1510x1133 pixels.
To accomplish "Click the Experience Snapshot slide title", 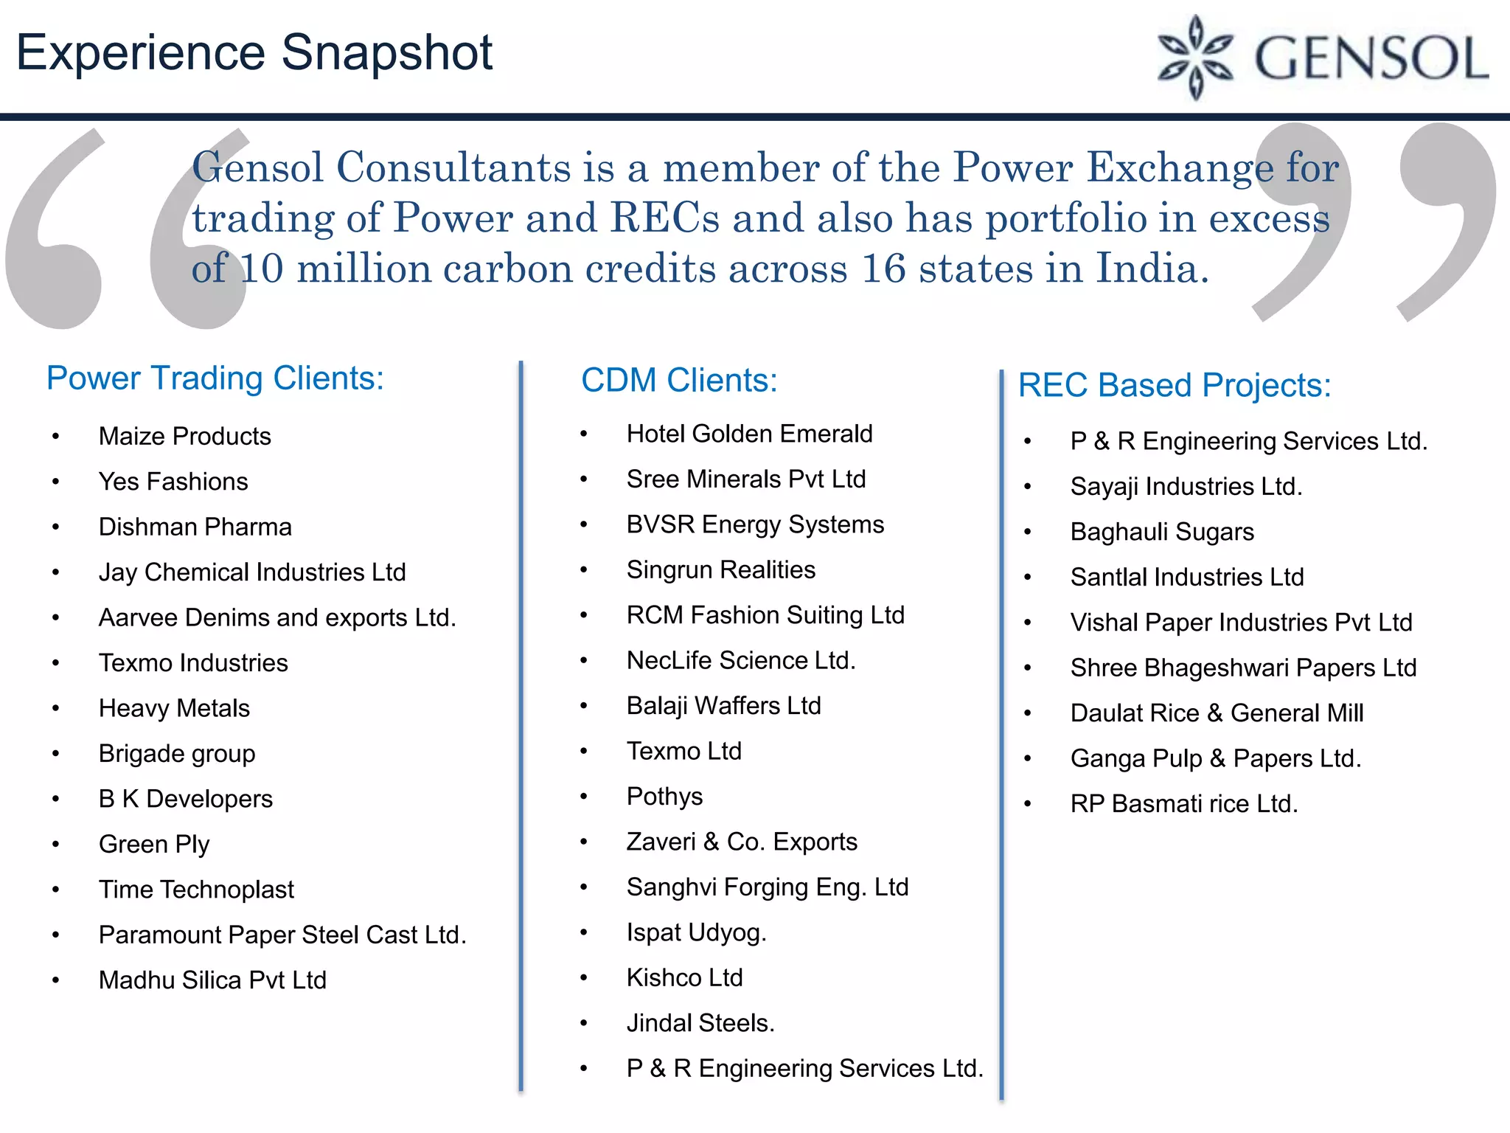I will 254,53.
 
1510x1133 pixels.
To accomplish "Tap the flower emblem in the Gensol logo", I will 1195,58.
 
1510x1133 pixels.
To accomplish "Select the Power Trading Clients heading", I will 215,378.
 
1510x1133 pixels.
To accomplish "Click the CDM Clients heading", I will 679,381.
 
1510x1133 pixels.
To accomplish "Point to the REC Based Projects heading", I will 1175,385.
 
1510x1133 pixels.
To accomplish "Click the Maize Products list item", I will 184,437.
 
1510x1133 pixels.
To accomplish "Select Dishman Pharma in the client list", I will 195,527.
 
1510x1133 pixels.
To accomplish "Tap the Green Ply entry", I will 153,845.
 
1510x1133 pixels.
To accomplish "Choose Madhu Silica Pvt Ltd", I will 212,980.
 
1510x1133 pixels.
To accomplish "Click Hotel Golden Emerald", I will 749,434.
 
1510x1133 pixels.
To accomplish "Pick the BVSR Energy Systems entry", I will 755,524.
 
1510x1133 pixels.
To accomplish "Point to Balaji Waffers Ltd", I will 723,706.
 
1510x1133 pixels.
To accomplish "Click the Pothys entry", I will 664,797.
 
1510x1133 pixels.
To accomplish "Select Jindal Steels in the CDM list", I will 700,1023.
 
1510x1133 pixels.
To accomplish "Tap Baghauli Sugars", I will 1162,532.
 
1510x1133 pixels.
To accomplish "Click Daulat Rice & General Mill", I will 1217,713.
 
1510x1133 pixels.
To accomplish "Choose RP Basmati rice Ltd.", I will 1183,804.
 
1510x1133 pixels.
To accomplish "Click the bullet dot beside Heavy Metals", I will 56,709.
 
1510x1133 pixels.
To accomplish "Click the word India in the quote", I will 1151,268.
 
